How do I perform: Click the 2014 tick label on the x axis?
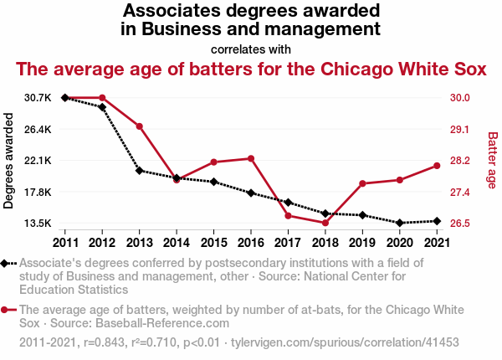pos(177,243)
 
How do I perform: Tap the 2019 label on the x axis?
pos(361,243)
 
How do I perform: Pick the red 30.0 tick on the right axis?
pos(458,98)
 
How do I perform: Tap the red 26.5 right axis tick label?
pos(458,224)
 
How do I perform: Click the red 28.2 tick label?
pos(458,161)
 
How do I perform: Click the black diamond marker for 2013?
pos(139,171)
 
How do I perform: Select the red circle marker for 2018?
pos(325,223)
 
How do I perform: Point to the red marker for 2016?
pos(250,158)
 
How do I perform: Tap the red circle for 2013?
pos(139,126)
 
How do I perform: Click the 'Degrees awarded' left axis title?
pos(9,161)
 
